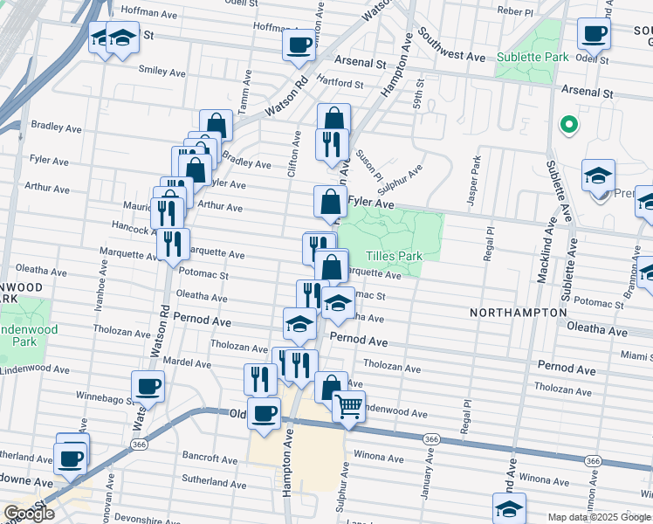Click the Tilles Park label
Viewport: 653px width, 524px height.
394,257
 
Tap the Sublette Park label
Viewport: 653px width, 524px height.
533,58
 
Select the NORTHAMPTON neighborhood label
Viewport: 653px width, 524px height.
519,312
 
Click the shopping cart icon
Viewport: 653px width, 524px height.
348,405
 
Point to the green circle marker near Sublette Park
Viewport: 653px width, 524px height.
568,125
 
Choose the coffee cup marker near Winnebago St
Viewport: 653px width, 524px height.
148,385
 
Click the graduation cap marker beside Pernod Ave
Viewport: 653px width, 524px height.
299,323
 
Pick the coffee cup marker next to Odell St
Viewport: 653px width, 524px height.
594,34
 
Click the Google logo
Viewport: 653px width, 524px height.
29,514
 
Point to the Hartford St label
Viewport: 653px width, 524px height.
340,84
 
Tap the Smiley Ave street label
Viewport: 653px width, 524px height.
162,72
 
